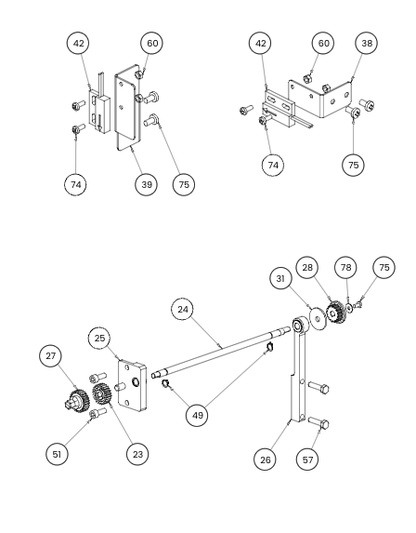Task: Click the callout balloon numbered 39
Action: (x=146, y=184)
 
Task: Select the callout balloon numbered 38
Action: (x=367, y=43)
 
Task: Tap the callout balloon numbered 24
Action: (x=183, y=310)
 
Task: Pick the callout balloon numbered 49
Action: (x=198, y=415)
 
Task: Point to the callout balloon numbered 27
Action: (x=50, y=356)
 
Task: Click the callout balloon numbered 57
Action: (x=307, y=460)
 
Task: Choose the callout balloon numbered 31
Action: (x=280, y=278)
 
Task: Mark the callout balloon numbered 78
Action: (x=345, y=268)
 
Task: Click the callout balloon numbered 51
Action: (x=57, y=454)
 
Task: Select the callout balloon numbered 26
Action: (x=265, y=460)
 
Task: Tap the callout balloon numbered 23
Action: (x=137, y=454)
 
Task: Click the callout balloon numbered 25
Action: (x=99, y=339)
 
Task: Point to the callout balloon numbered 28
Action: (x=307, y=268)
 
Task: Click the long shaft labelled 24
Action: (x=221, y=352)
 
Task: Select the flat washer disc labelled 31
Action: (x=318, y=318)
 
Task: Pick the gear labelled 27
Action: (x=77, y=402)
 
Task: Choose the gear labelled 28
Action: (x=335, y=313)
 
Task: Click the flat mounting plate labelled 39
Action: (x=127, y=107)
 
